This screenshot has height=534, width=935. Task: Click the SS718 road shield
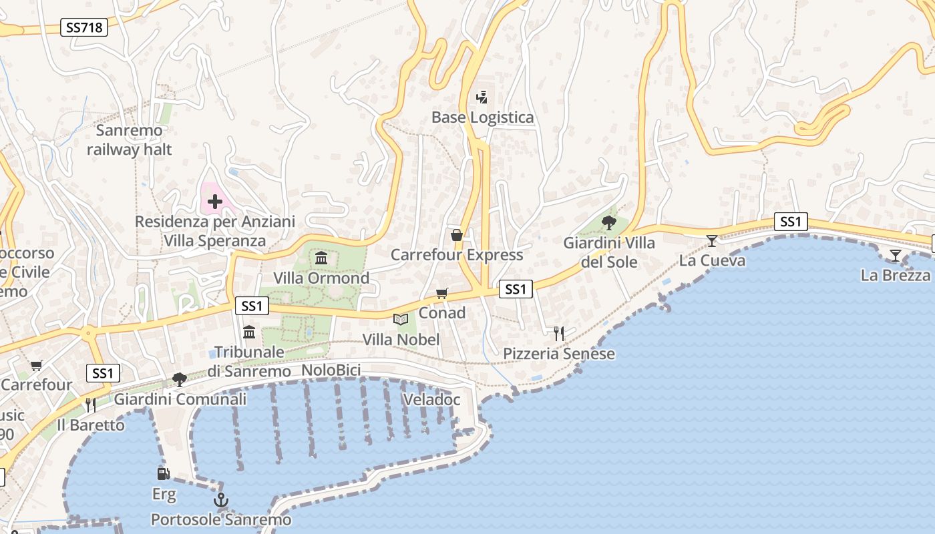(83, 27)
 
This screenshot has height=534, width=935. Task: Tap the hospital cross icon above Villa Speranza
(215, 201)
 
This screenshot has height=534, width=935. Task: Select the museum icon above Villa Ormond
(321, 258)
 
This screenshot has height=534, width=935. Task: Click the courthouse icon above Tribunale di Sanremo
(249, 332)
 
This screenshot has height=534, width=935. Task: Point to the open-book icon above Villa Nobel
(401, 320)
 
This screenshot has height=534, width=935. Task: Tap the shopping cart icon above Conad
(441, 293)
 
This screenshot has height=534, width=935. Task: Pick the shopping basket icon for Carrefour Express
(457, 235)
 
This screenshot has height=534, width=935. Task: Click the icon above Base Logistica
(482, 97)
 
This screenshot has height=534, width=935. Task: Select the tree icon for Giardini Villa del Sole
(608, 222)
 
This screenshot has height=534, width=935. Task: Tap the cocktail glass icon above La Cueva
(712, 240)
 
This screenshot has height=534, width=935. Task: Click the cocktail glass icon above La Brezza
(895, 255)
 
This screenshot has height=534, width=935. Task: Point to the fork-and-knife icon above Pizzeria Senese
(559, 333)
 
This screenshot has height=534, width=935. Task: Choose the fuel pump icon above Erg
(163, 474)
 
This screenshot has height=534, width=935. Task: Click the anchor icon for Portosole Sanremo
(220, 499)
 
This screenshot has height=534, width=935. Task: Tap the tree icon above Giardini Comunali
(179, 379)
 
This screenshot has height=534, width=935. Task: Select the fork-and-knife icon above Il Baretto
(91, 405)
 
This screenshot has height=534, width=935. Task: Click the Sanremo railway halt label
(129, 140)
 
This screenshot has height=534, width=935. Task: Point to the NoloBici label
(331, 370)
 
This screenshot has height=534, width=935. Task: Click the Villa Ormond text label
(321, 278)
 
